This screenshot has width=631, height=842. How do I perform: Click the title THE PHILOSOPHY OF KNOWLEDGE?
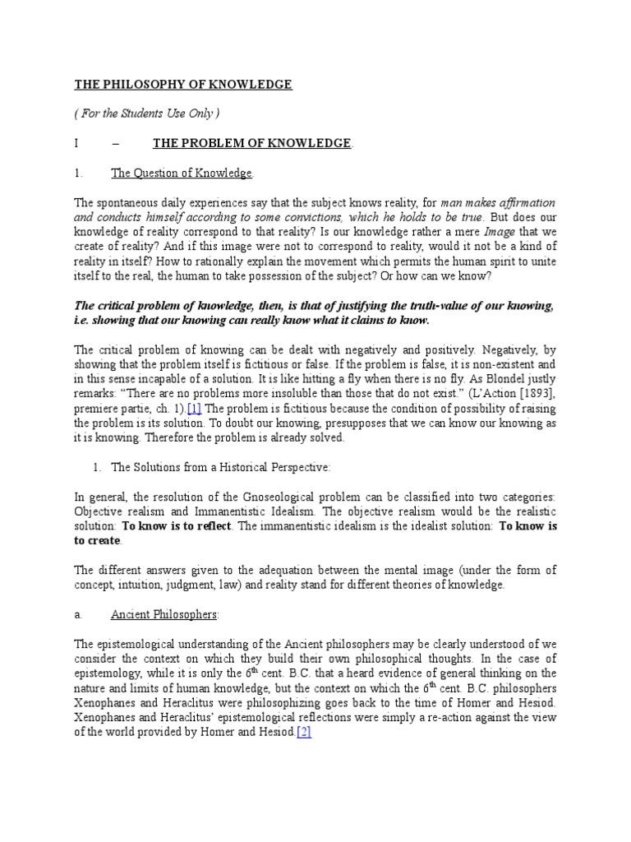pos(183,85)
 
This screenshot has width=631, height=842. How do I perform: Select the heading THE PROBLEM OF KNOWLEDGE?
pos(251,143)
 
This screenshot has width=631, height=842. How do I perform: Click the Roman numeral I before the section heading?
pos(76,143)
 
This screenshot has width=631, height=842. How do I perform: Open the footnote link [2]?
pos(303,733)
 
